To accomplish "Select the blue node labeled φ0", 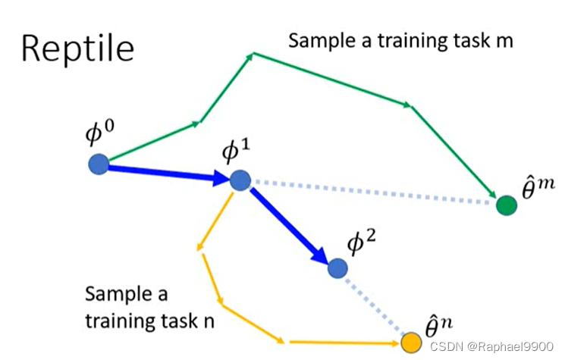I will coord(98,164).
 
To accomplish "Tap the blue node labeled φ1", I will coord(240,180).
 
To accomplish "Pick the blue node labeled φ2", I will coord(337,267).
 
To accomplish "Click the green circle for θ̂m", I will coord(506,205).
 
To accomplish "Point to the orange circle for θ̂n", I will coord(411,343).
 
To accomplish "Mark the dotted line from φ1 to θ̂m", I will coord(372,193).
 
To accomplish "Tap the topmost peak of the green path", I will coord(254,53).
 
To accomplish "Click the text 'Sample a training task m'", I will coord(400,39).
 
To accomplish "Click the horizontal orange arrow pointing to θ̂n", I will coord(345,343).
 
